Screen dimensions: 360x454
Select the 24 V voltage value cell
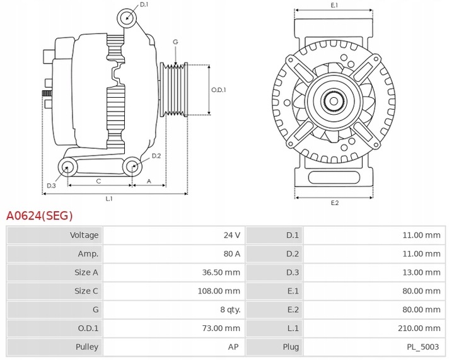(231, 235)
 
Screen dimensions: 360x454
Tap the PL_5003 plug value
(424, 347)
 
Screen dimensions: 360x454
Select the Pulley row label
(87, 347)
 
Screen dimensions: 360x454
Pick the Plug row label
(291, 347)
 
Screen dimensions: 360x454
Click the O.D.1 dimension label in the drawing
(219, 90)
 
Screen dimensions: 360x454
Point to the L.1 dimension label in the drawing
(108, 199)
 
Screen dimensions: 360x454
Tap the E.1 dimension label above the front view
(334, 5)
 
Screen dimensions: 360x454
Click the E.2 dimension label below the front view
(335, 202)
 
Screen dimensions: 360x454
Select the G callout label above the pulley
(175, 42)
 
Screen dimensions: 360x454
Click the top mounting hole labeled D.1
(128, 17)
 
